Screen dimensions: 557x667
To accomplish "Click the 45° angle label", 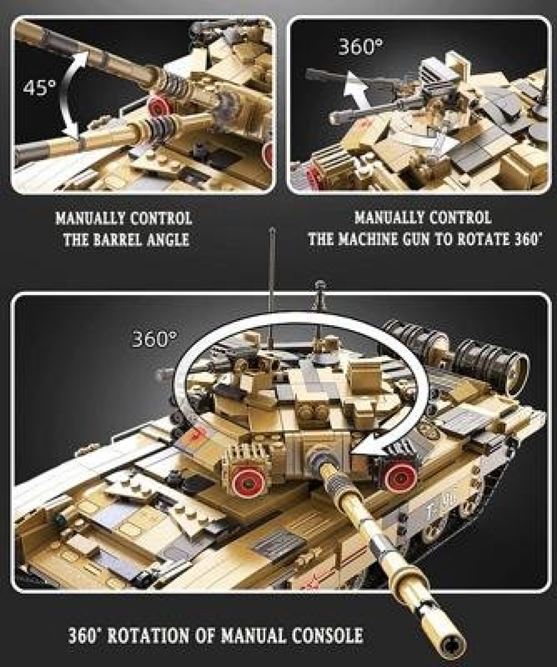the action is coord(40,89).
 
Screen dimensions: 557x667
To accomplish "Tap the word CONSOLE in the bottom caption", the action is coord(327,636).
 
